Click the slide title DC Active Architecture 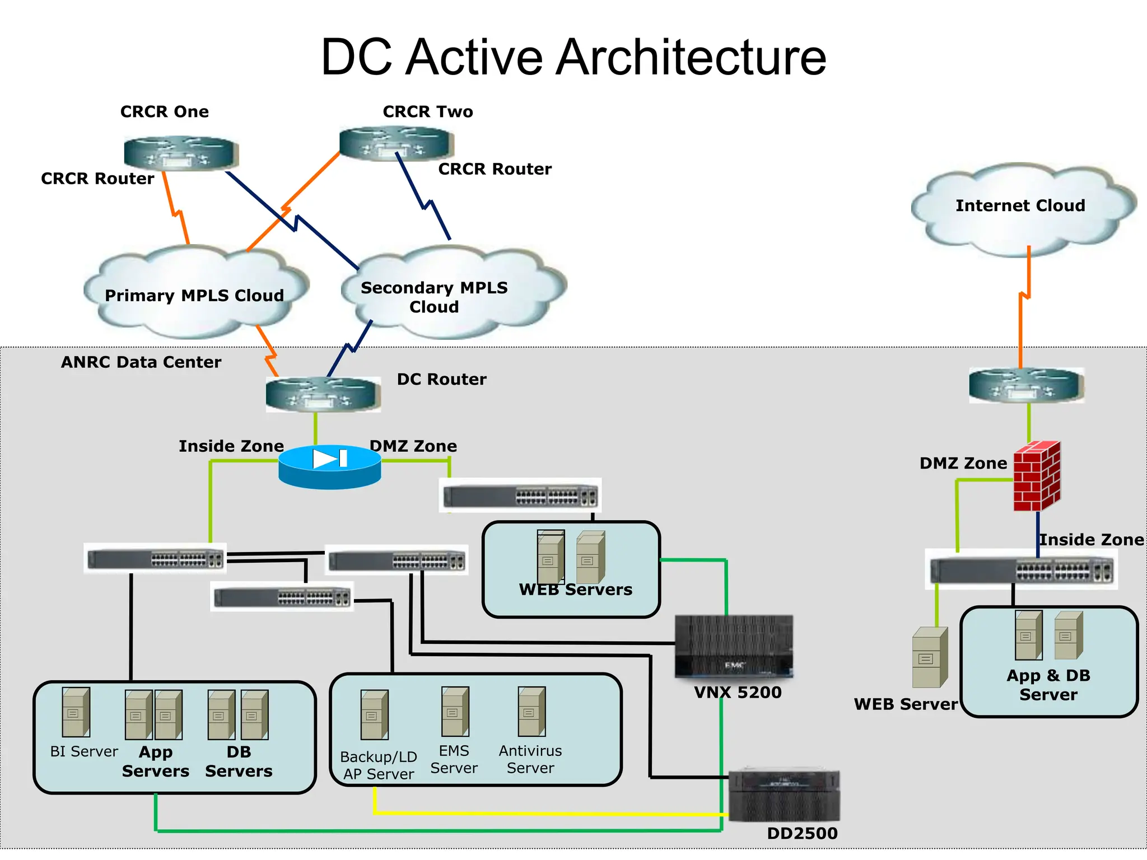point(573,57)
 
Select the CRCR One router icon point(181,153)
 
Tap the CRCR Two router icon point(396,143)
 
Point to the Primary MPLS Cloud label point(194,295)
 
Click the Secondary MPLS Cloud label point(434,297)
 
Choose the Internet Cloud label point(1020,205)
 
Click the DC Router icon point(323,394)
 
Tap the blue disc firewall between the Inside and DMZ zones point(330,466)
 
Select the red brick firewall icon point(1037,476)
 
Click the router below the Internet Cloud point(1026,385)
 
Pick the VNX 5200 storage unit point(734,647)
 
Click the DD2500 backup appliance point(784,796)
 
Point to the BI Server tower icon point(76,712)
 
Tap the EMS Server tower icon point(455,712)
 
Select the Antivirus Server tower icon point(531,712)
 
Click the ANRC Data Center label point(141,362)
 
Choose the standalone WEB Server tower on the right point(930,658)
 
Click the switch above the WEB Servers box point(520,496)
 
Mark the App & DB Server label point(1048,685)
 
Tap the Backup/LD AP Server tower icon point(374,715)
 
